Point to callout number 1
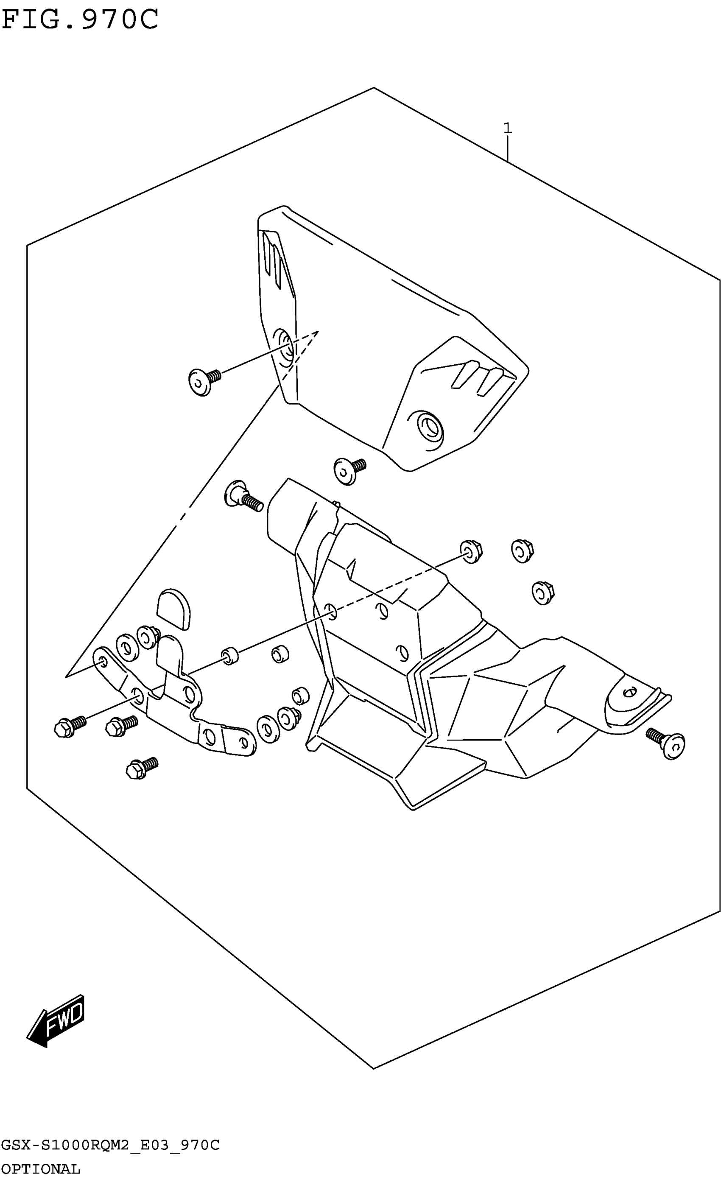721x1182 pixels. coord(507,129)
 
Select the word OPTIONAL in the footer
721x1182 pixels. coord(40,1169)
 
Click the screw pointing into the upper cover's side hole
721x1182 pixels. coord(204,381)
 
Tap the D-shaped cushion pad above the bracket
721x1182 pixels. coord(173,608)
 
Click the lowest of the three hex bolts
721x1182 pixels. coord(140,768)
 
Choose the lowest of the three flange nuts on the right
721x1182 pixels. coord(542,592)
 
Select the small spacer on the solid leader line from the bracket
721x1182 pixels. coord(230,655)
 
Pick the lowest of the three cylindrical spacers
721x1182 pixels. coord(300,696)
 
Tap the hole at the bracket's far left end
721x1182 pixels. coord(102,662)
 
